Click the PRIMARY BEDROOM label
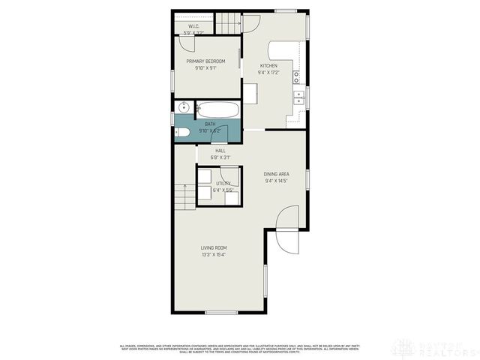[205, 61]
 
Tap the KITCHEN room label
[268, 66]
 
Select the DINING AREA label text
[276, 174]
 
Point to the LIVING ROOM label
[213, 247]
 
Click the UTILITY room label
[223, 183]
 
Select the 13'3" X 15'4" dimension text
[213, 255]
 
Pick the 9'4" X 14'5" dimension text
[276, 181]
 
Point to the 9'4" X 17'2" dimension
[268, 73]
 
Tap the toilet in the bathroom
[181, 133]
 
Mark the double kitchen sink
[298, 96]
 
